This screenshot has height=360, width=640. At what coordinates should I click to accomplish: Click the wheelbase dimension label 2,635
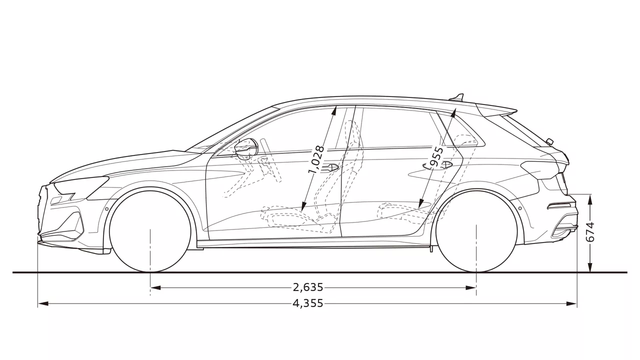tap(308, 287)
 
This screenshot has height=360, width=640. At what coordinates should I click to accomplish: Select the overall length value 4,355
tap(308, 303)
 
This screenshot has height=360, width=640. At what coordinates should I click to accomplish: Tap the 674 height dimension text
tap(590, 232)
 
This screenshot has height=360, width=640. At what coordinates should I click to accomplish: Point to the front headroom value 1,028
tap(316, 160)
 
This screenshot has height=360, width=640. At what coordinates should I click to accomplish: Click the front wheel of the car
tap(150, 230)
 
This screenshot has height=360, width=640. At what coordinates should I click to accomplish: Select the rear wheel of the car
tap(476, 230)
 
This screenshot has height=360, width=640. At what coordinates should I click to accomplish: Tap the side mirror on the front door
tap(245, 147)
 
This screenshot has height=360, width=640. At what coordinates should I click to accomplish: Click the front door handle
tap(330, 167)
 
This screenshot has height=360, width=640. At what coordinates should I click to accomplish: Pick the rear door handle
tap(443, 164)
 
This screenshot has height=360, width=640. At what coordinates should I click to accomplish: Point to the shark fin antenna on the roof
tap(457, 97)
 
